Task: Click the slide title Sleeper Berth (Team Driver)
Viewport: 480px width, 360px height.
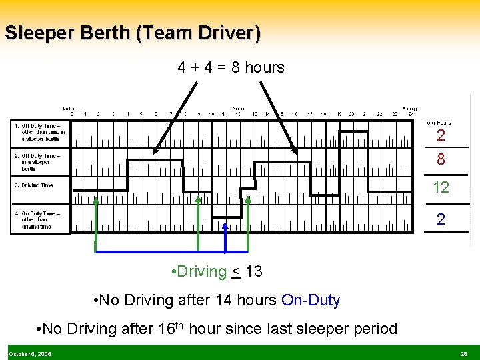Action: tap(132, 33)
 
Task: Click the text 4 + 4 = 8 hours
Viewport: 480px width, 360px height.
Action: tap(231, 67)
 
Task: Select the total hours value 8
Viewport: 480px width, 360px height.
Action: tap(441, 160)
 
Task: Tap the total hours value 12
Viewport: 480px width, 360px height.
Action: tap(441, 188)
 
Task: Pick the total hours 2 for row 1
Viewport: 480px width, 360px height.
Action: tap(441, 136)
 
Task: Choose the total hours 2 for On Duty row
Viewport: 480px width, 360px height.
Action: tap(441, 219)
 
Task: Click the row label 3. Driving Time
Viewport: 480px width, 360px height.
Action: tap(34, 185)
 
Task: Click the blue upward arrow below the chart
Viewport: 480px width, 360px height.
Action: tap(225, 237)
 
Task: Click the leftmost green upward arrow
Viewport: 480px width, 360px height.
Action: tap(96, 220)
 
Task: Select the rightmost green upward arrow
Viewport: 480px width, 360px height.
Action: tap(248, 220)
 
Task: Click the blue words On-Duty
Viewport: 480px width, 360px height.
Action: tap(311, 301)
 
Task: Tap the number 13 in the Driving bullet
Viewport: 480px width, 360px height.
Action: tap(253, 272)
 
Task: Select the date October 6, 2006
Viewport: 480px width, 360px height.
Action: tap(30, 354)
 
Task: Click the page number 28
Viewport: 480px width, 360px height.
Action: tap(463, 354)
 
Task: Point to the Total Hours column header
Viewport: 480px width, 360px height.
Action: tap(437, 123)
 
